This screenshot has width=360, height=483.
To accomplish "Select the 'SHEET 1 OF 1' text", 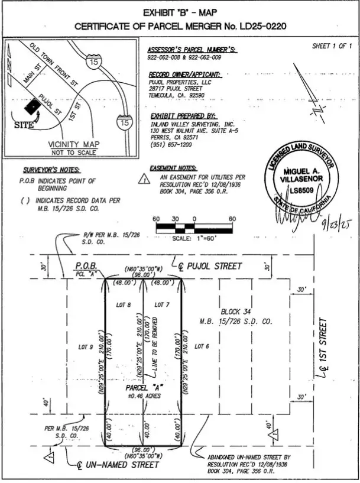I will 332,46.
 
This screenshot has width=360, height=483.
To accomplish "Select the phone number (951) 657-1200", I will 171,144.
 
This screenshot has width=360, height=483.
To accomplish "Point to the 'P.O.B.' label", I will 86,267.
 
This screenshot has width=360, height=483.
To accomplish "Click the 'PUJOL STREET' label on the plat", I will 214,267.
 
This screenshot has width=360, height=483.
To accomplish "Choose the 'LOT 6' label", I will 202,347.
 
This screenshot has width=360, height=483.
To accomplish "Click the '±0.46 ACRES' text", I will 142,396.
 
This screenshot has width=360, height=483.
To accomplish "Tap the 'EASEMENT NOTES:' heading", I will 174,169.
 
